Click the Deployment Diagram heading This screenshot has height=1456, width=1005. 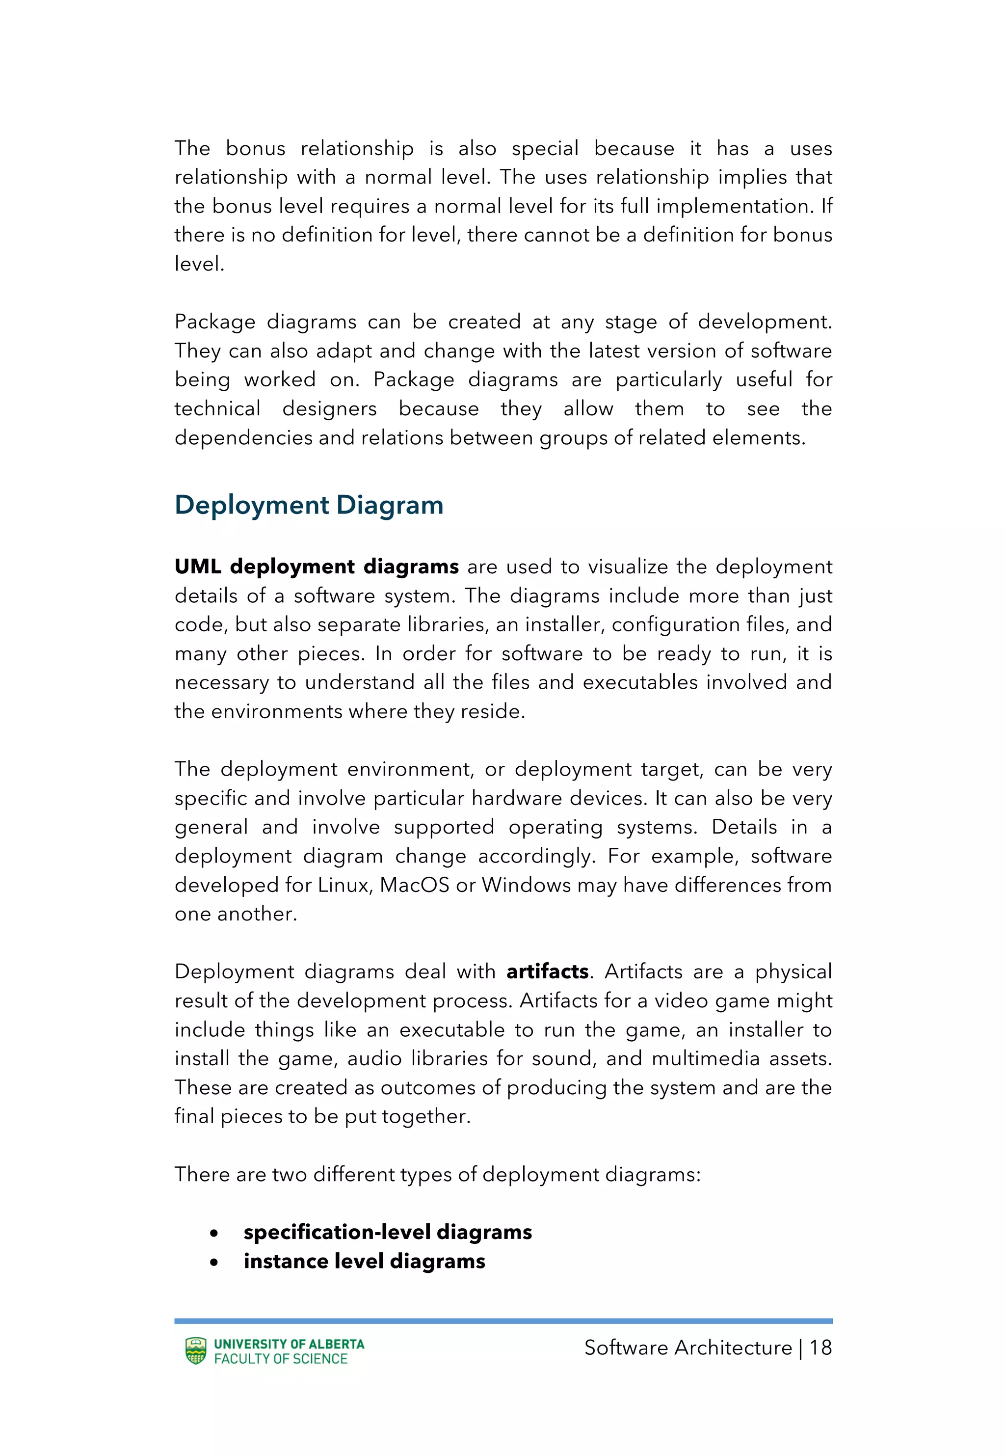(309, 505)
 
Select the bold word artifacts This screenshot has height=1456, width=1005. (547, 971)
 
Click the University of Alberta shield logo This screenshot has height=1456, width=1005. (196, 1351)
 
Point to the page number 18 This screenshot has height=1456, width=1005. (820, 1348)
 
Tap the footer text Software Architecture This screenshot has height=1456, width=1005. (688, 1348)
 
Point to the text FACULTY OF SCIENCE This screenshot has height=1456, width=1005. (281, 1358)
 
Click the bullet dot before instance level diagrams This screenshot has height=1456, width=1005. (215, 1262)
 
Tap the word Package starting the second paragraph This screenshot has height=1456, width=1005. (215, 322)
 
